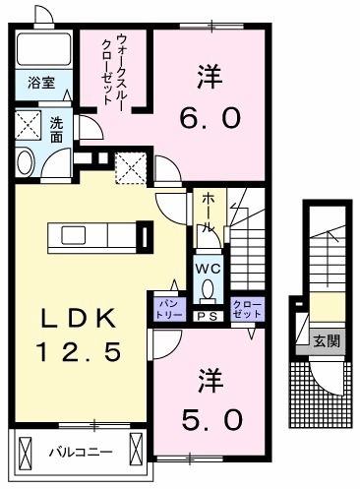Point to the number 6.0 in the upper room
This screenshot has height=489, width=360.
(209, 117)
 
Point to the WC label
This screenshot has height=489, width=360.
(208, 266)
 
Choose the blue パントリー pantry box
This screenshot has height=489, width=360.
(165, 308)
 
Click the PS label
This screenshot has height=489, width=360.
(208, 317)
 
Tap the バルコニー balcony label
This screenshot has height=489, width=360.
(80, 453)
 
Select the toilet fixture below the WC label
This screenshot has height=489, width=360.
(208, 290)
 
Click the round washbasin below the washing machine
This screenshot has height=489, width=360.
(27, 162)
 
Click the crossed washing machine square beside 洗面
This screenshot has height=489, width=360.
(29, 126)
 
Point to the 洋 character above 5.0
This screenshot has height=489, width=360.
(209, 379)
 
